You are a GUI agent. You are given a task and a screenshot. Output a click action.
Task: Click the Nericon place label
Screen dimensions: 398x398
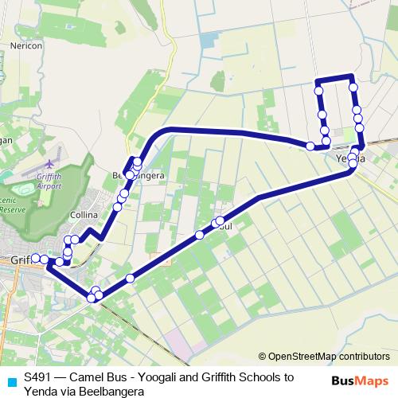[27, 46]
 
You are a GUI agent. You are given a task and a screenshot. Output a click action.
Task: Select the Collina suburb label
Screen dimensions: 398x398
[83, 216]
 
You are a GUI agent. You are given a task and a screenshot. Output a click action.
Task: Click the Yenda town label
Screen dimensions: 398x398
[350, 158]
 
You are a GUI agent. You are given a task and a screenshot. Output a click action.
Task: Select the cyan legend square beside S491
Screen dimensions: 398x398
[9, 380]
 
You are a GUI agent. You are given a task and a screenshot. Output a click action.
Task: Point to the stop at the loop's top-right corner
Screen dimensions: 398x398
[353, 86]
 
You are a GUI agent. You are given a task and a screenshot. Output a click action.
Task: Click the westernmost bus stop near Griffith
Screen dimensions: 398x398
[35, 258]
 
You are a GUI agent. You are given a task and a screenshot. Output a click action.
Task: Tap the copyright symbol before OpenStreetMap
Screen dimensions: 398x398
[263, 356]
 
